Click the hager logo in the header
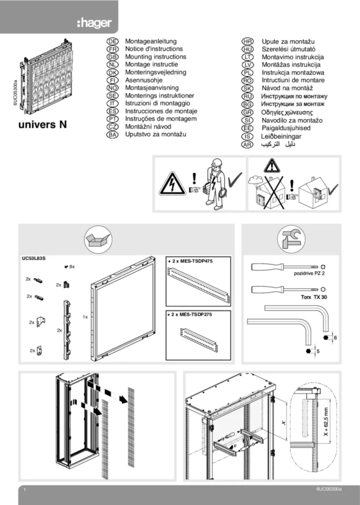[94, 23]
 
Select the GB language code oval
[112, 57]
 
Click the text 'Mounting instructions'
[155, 57]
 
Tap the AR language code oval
[247, 144]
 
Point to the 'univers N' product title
[42, 124]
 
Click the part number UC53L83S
[34, 258]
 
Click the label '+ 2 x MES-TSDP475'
[190, 261]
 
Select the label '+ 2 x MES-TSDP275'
[190, 314]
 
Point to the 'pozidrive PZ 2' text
[309, 273]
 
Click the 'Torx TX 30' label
[314, 297]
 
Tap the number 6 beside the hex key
[335, 338]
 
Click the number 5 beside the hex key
[318, 351]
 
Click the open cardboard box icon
[98, 239]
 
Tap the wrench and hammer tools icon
[291, 239]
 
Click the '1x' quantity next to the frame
[85, 317]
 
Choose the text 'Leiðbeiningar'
[282, 136]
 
